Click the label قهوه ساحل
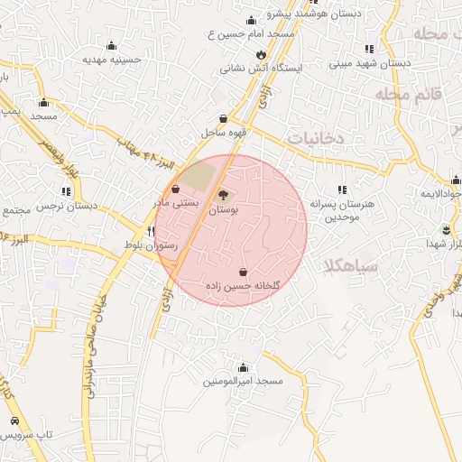(x=225, y=134)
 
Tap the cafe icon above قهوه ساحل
(x=224, y=118)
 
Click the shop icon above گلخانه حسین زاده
(x=244, y=272)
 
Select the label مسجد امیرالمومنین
(x=243, y=382)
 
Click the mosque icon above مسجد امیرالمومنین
(x=243, y=367)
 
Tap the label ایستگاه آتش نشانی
(x=263, y=68)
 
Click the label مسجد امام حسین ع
(x=251, y=33)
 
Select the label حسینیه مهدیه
(x=113, y=60)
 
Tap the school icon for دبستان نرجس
(x=66, y=191)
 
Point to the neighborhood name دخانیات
(x=317, y=137)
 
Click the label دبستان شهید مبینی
(x=370, y=63)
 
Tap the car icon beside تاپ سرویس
(x=14, y=421)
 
